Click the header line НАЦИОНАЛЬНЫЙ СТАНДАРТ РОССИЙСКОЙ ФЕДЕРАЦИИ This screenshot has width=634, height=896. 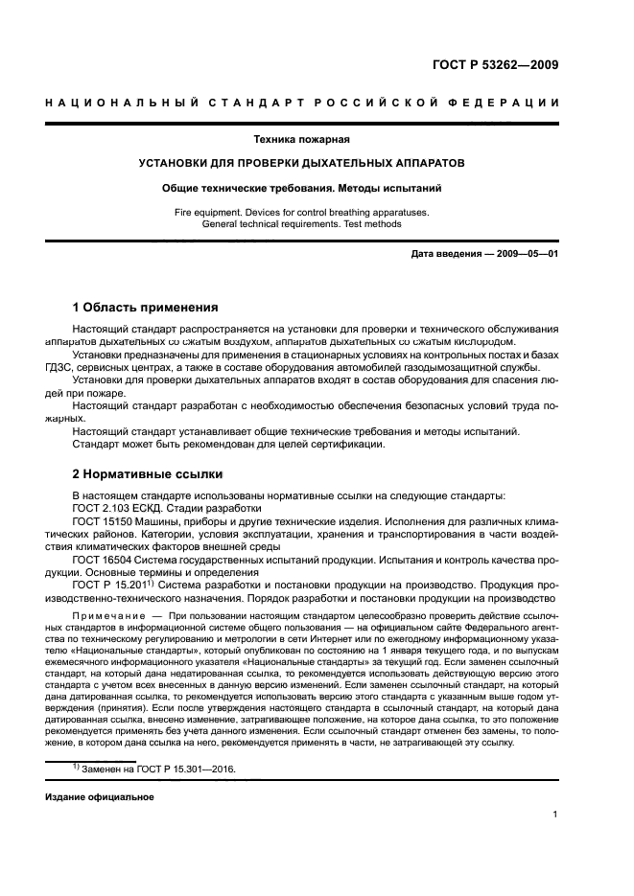tap(303, 103)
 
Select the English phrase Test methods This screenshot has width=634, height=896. tap(370, 223)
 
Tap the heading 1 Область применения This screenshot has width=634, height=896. tap(145, 308)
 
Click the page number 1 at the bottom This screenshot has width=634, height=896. tap(555, 815)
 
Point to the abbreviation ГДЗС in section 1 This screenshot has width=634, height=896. tap(60, 367)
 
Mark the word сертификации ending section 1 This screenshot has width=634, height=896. tap(352, 444)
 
